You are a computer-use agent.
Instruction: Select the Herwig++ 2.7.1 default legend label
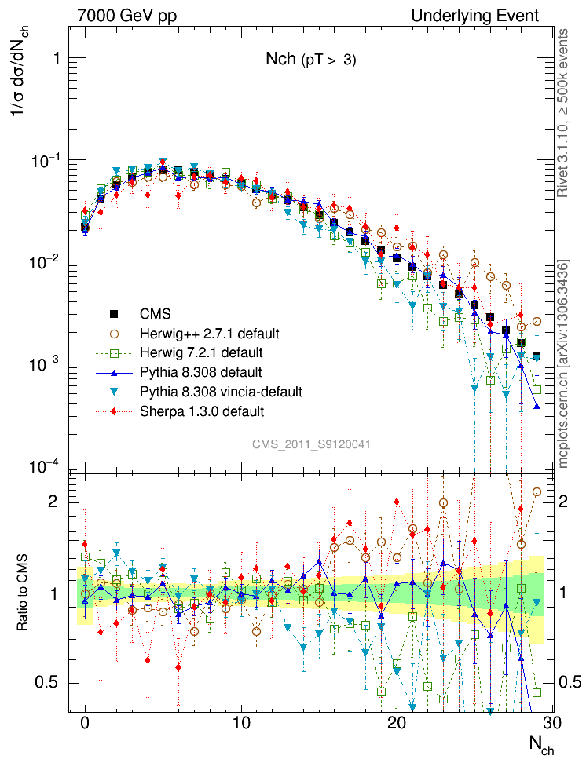coord(209,333)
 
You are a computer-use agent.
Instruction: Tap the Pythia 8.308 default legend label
coord(200,371)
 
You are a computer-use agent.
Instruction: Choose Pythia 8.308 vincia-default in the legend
coord(221,391)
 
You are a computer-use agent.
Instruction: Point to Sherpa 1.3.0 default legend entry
coord(201,411)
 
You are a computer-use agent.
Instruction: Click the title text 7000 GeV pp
coord(127,16)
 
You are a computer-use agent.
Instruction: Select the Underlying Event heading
coord(476,16)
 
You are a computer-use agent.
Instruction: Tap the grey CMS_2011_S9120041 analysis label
coord(311,444)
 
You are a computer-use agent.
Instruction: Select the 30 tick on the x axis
coord(553,722)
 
